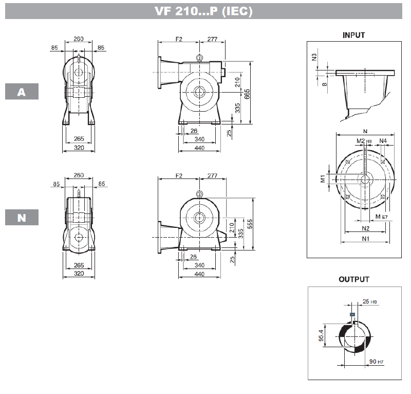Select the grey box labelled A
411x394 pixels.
(x=22, y=92)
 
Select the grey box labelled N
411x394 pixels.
(x=22, y=218)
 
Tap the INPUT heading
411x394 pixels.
(x=353, y=35)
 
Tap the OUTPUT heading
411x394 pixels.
(x=353, y=279)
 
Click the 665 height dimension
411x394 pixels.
(x=248, y=94)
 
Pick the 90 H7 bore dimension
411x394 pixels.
(x=377, y=362)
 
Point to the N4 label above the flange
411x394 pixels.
(x=383, y=140)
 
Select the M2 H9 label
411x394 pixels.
(x=364, y=140)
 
